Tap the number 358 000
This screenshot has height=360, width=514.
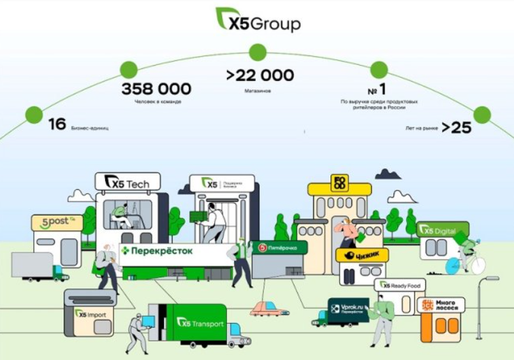pyautogui.click(x=156, y=89)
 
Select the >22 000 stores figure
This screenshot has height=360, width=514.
pyautogui.click(x=260, y=76)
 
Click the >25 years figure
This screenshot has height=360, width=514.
pyautogui.click(x=456, y=127)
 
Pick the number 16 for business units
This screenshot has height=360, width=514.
pyautogui.click(x=57, y=124)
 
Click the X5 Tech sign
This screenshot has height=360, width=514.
pyautogui.click(x=128, y=184)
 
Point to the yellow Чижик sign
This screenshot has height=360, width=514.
pyautogui.click(x=362, y=256)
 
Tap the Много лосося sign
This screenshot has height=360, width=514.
pyautogui.click(x=441, y=305)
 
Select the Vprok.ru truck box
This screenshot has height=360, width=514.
pyautogui.click(x=348, y=308)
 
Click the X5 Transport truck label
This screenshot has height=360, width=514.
pyautogui.click(x=200, y=323)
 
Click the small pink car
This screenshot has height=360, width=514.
pyautogui.click(x=268, y=310)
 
